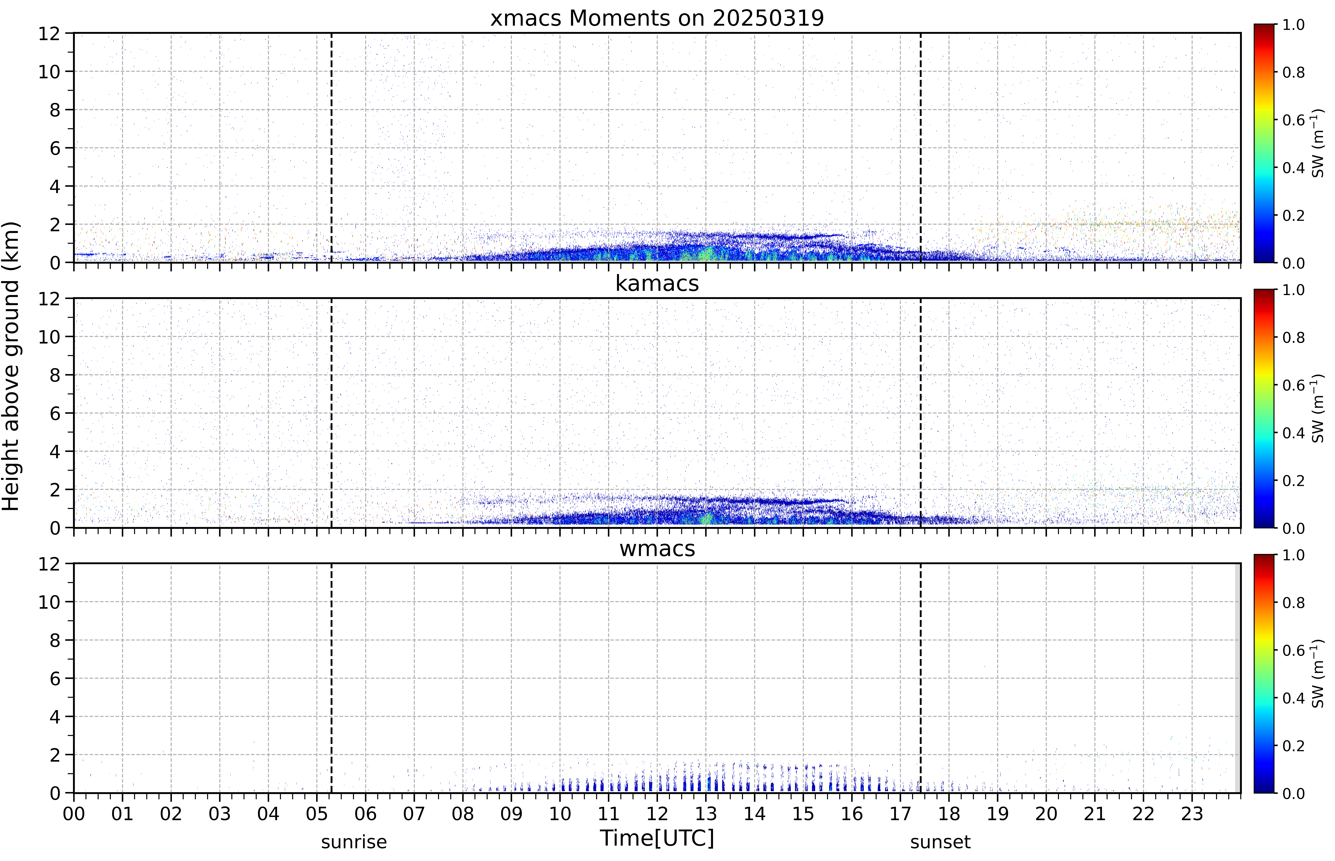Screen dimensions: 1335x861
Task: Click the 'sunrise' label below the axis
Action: [354, 842]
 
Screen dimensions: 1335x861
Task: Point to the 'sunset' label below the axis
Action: [940, 842]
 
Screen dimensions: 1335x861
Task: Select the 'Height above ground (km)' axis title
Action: [11, 366]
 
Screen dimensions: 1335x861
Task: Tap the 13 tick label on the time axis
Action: [706, 813]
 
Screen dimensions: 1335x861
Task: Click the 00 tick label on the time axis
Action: [74, 813]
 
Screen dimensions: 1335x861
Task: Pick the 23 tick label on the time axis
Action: [1192, 813]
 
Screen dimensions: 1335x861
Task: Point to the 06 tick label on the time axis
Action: [366, 813]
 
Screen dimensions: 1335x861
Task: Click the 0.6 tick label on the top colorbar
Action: [1294, 120]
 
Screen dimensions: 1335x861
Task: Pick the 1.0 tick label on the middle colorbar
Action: [1294, 290]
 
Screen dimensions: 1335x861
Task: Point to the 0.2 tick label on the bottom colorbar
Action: [1294, 746]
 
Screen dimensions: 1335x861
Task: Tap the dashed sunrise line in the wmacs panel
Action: [332, 678]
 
